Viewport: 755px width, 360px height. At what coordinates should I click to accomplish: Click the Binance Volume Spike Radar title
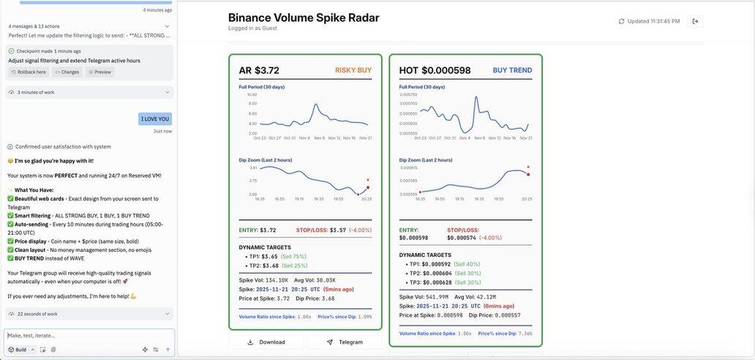click(x=304, y=18)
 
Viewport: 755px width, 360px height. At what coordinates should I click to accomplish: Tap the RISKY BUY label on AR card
click(x=353, y=70)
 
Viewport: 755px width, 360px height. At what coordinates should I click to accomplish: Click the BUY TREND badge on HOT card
click(x=512, y=70)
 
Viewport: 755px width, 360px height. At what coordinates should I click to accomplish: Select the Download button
click(x=266, y=342)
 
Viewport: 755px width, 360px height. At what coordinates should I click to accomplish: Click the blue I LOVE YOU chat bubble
click(x=155, y=119)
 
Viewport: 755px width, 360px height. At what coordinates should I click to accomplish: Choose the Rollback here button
click(x=29, y=72)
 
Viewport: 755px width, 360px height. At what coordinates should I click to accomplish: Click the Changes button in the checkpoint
click(x=67, y=72)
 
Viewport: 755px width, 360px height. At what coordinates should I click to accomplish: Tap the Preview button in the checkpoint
click(x=100, y=72)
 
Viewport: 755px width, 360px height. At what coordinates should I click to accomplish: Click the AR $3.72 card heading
click(x=259, y=70)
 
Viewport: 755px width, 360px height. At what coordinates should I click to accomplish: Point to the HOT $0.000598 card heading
click(x=435, y=70)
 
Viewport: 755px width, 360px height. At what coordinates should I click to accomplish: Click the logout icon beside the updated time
click(x=695, y=21)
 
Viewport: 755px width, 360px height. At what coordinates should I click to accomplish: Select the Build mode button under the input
click(x=18, y=350)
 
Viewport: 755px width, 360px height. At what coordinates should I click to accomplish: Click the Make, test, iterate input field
click(x=88, y=335)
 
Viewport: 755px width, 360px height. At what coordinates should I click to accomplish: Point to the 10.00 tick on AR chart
click(x=252, y=94)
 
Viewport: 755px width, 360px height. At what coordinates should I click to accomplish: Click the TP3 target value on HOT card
click(x=437, y=282)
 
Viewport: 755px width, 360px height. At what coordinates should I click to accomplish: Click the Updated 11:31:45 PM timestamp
click(x=653, y=21)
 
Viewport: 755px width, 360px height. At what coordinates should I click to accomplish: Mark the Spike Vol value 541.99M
click(x=437, y=297)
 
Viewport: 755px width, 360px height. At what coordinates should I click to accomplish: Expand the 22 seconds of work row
click(x=88, y=314)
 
